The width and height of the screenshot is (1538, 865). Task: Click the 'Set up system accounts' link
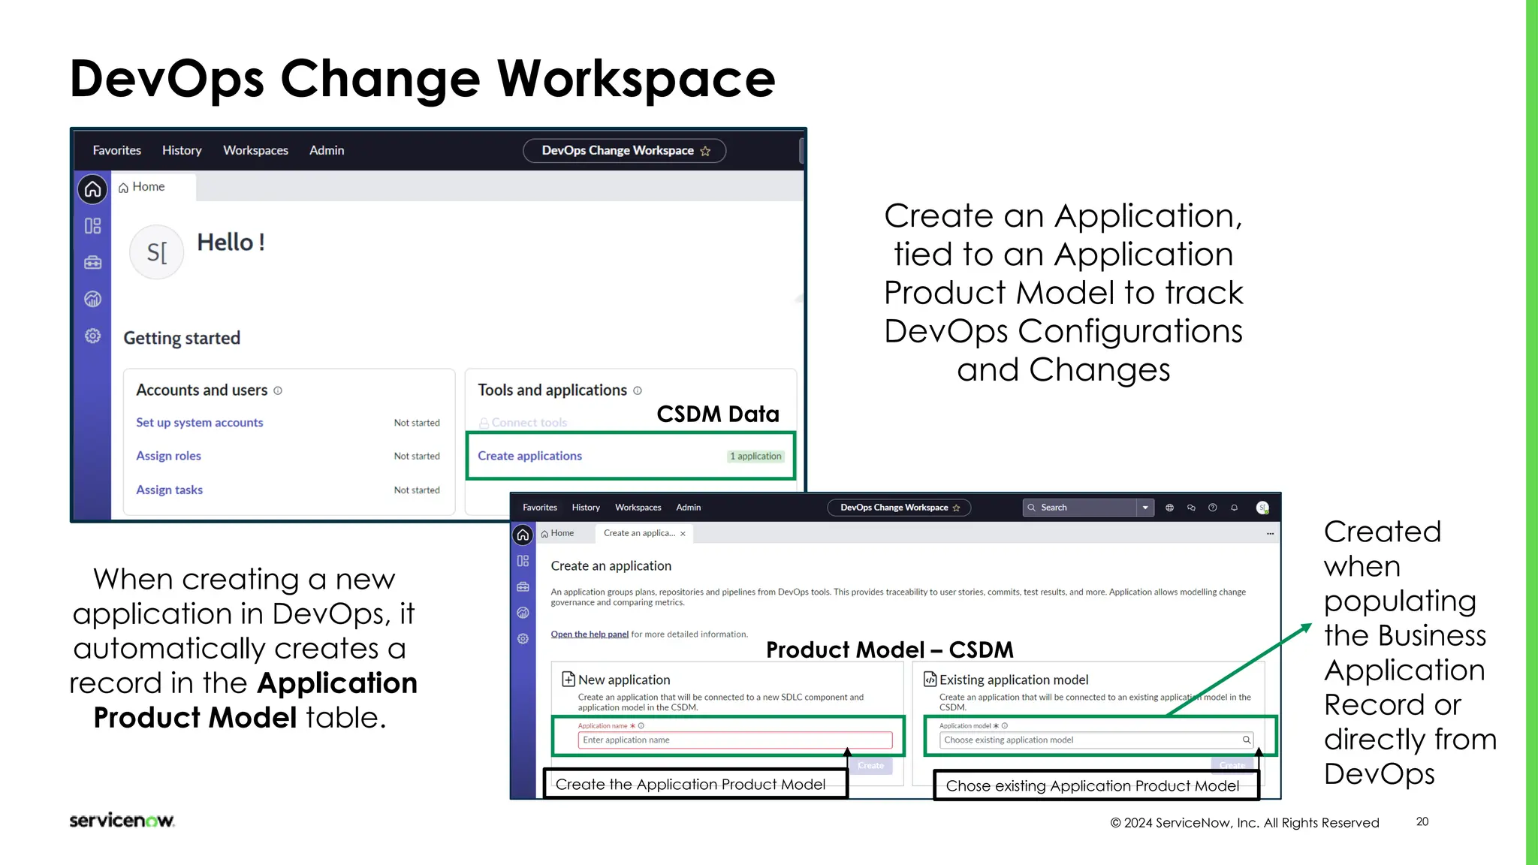click(x=199, y=423)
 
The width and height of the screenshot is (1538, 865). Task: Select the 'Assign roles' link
click(x=168, y=456)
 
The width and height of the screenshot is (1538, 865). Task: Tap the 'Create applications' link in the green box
click(x=529, y=456)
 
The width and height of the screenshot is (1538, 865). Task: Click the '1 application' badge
click(x=755, y=457)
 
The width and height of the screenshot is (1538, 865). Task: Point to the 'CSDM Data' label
click(x=717, y=414)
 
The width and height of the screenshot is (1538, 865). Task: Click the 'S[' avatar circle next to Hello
click(x=156, y=252)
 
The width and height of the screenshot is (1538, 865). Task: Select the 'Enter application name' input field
click(x=734, y=740)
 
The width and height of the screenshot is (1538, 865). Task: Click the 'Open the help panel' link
click(x=590, y=634)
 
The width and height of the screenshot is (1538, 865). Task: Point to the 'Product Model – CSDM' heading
click(x=889, y=650)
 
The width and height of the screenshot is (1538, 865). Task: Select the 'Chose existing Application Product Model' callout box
click(x=1093, y=786)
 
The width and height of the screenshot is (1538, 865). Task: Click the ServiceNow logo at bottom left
click(x=122, y=821)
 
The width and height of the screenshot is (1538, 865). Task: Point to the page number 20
click(x=1422, y=822)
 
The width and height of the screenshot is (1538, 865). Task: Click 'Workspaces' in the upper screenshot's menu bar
click(x=255, y=150)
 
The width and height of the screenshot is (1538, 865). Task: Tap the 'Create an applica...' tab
click(x=640, y=533)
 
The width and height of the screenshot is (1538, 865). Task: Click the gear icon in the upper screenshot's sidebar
click(x=92, y=336)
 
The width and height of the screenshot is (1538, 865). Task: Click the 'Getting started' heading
click(x=182, y=338)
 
